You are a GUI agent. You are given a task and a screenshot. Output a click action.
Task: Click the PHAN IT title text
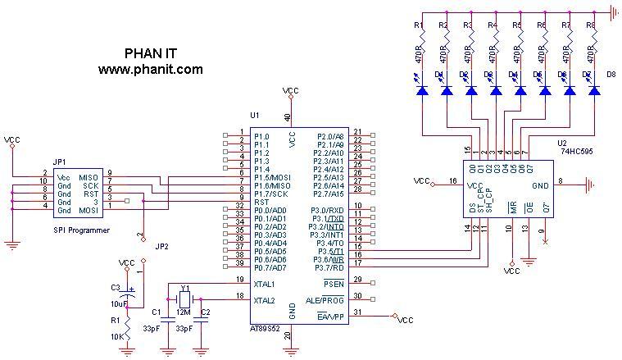tap(150, 53)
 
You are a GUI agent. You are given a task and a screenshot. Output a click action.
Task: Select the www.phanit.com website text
tap(150, 70)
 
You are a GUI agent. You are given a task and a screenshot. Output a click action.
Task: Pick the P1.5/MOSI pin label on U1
tap(272, 177)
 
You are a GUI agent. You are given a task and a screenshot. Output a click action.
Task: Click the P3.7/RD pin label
tap(328, 267)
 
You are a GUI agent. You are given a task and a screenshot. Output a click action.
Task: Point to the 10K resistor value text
tap(116, 336)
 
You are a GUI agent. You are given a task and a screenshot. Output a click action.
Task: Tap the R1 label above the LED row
tap(418, 26)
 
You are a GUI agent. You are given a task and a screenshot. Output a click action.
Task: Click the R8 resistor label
tap(591, 26)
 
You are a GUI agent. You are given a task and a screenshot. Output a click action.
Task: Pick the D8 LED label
tap(610, 75)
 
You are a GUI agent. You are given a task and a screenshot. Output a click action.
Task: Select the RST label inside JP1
tap(91, 194)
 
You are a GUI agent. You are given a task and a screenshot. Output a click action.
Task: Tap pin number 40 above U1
tap(287, 117)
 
